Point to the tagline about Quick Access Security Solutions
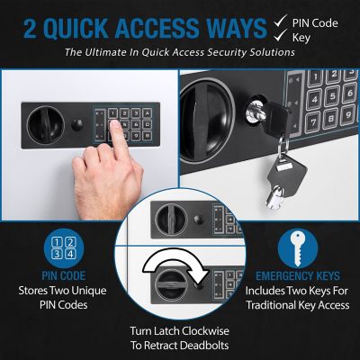click(180, 52)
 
